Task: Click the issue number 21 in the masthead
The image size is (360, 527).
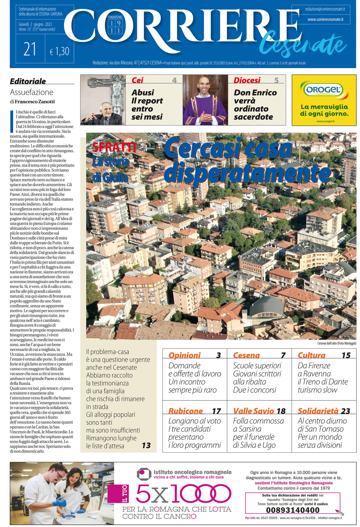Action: (x=30, y=50)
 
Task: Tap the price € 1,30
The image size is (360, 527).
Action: (x=60, y=51)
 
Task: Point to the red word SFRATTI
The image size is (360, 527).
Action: (x=114, y=147)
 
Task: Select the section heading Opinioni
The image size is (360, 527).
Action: (x=184, y=355)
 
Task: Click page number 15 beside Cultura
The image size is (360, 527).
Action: (x=346, y=355)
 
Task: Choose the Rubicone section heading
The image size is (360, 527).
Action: (x=185, y=411)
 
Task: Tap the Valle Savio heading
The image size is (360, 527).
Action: (x=254, y=411)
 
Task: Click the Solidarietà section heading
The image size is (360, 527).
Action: (x=318, y=411)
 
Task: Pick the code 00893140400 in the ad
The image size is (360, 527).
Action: (x=293, y=510)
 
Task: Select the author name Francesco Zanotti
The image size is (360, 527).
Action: (x=35, y=102)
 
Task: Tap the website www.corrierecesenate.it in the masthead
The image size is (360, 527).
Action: (x=325, y=19)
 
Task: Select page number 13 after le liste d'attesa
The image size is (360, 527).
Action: (x=146, y=445)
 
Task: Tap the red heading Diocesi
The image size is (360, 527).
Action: (x=247, y=80)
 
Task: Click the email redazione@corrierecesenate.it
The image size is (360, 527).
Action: (x=325, y=9)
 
